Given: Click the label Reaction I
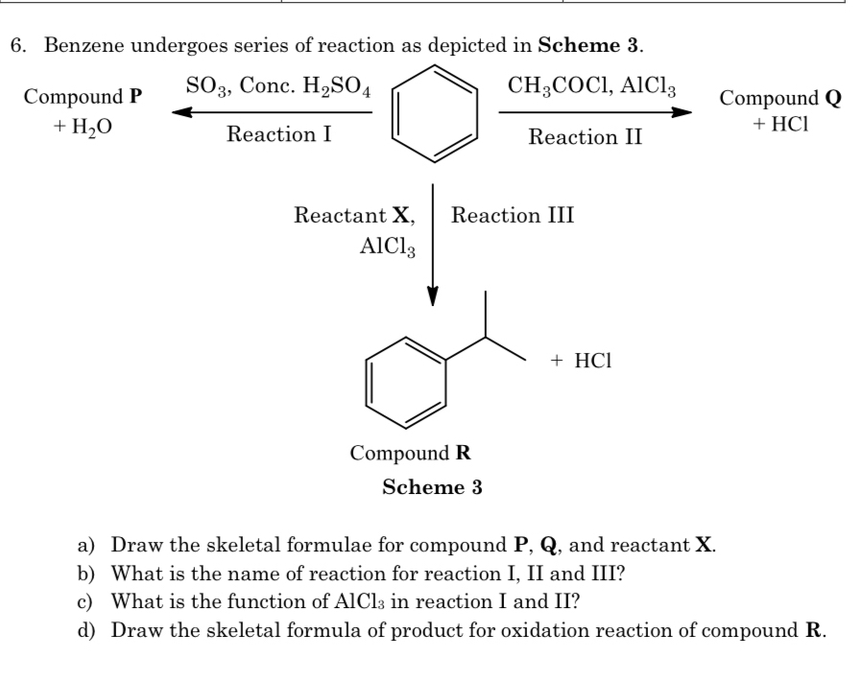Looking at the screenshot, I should click(x=279, y=135).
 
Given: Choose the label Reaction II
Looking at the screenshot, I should click(x=586, y=137).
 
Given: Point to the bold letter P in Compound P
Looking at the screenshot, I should click(x=135, y=97).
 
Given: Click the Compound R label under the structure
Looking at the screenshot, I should click(x=410, y=453).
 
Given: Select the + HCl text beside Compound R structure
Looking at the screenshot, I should click(x=582, y=361).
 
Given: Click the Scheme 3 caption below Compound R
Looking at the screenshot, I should click(x=432, y=487).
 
